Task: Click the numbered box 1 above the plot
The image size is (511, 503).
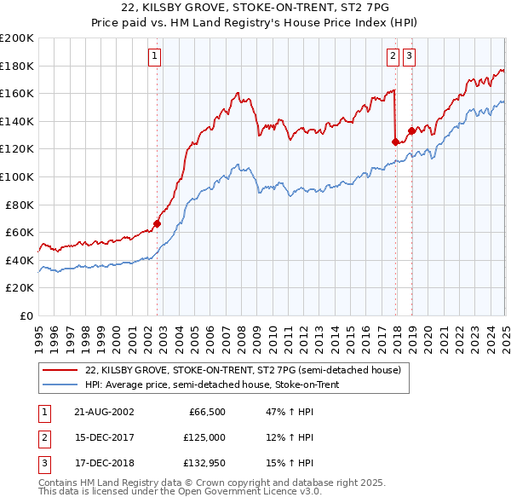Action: (155, 56)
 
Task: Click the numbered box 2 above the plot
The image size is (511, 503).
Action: (393, 56)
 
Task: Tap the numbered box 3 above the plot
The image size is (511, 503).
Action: (410, 56)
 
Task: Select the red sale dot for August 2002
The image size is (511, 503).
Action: (158, 224)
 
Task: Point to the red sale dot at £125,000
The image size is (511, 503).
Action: (396, 142)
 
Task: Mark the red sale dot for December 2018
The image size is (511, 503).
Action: (411, 131)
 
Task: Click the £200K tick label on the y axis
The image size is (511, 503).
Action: (17, 38)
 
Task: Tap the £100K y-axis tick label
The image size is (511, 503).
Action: (17, 176)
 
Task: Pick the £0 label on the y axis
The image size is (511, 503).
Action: (26, 315)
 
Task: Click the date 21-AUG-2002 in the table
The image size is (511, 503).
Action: (104, 412)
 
